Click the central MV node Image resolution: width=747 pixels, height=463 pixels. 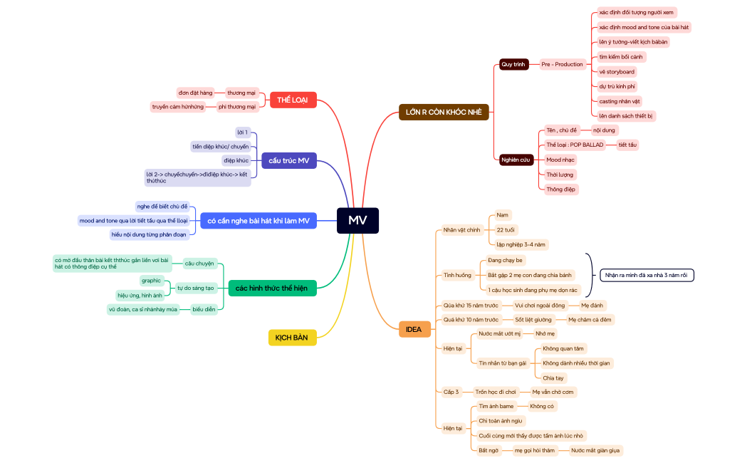click(x=357, y=221)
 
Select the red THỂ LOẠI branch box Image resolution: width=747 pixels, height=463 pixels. click(x=293, y=100)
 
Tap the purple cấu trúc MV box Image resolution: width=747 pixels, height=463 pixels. click(x=288, y=160)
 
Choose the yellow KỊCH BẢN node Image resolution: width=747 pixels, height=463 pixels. click(x=292, y=338)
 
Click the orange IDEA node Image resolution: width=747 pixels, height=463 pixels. click(x=414, y=330)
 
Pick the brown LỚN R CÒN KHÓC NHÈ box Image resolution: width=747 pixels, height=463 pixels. click(x=444, y=113)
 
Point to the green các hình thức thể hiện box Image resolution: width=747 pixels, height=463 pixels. click(x=272, y=288)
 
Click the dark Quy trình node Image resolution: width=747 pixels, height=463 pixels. click(x=513, y=64)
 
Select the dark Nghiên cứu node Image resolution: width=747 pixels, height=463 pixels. click(x=516, y=160)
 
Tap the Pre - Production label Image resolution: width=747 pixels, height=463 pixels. click(x=562, y=64)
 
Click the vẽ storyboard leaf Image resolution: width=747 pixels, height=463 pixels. click(x=617, y=72)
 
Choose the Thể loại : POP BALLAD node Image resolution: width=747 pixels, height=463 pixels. click(x=575, y=145)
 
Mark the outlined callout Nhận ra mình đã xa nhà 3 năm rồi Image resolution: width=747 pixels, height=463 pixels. click(x=647, y=276)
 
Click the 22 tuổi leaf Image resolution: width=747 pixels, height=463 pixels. click(x=506, y=230)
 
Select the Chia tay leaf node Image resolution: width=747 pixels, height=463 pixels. click(x=553, y=378)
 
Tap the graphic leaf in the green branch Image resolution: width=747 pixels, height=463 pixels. click(x=152, y=281)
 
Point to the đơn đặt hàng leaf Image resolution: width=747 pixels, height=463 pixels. click(x=195, y=93)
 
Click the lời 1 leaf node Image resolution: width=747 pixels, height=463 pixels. click(x=243, y=132)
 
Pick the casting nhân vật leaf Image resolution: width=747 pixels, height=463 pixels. click(x=620, y=101)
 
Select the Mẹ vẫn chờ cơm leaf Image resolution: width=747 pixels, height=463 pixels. click(x=553, y=392)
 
